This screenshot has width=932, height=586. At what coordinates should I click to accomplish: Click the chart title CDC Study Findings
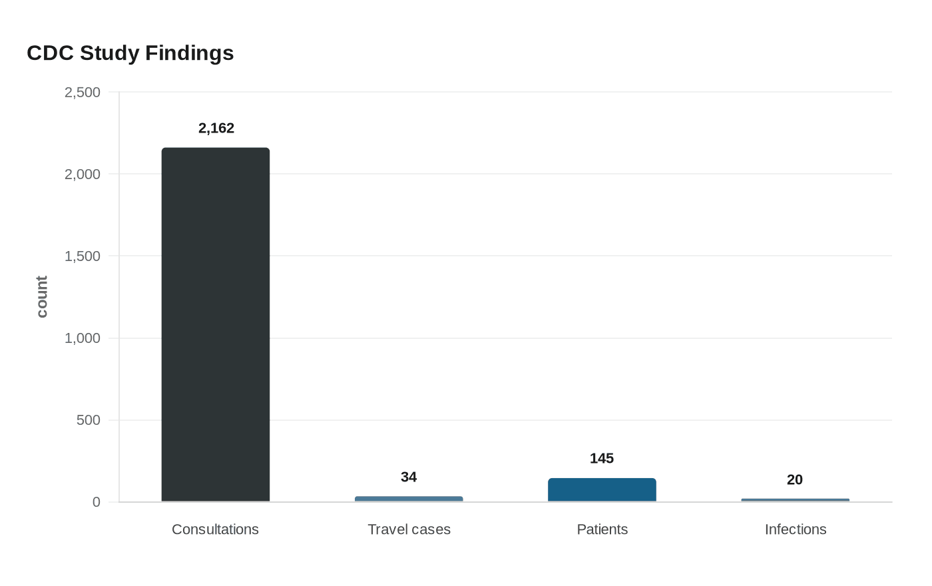point(130,53)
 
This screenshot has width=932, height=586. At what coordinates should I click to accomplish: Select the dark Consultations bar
point(216,325)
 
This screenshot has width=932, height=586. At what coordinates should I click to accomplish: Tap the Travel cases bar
point(409,499)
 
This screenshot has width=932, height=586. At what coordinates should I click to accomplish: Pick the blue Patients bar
point(602,490)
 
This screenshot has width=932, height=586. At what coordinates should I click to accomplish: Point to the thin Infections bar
point(795,500)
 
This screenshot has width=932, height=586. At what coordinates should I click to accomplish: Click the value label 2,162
point(216,128)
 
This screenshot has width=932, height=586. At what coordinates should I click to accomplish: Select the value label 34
point(409,477)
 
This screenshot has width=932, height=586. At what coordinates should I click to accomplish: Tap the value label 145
point(602,458)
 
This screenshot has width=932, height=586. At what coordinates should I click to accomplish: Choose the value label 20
point(795,480)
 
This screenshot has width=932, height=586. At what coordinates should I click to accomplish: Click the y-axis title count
point(41,297)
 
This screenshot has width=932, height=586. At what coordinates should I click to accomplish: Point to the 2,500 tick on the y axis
point(83,93)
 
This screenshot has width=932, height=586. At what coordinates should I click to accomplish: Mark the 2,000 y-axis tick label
point(83,174)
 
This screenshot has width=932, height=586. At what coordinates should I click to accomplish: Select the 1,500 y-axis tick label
point(83,256)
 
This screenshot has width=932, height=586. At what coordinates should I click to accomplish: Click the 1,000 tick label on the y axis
point(83,338)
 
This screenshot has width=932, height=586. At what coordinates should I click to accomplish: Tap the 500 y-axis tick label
point(88,420)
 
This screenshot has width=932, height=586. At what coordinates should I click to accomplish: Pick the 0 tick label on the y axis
point(96,502)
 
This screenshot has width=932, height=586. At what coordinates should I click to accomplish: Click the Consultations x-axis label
point(215,529)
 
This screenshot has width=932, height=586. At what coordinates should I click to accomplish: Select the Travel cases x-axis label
point(409,529)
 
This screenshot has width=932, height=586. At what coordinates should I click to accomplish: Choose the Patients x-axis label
point(602,529)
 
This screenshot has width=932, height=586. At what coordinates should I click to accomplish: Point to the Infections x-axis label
point(796,529)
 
